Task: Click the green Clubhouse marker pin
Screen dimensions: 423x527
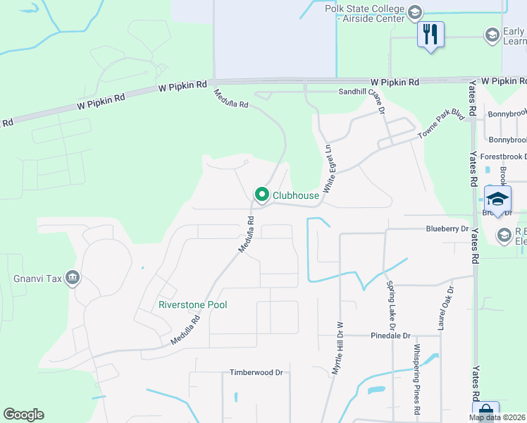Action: [x=262, y=194]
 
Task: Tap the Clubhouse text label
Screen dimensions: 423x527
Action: [x=295, y=195]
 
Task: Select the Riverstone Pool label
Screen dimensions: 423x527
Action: [x=192, y=305]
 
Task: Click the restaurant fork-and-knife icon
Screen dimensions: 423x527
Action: [x=430, y=34]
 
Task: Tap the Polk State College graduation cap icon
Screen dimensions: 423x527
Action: [x=415, y=13]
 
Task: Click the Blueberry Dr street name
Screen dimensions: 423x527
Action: [x=447, y=229]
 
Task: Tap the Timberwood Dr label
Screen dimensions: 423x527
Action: [x=256, y=372]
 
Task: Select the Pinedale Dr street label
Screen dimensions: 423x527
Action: [x=390, y=336]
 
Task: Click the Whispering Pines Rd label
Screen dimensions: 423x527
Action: [x=417, y=379]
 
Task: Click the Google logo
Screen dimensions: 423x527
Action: [x=23, y=415]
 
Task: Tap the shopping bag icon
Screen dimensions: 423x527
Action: [x=486, y=412]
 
